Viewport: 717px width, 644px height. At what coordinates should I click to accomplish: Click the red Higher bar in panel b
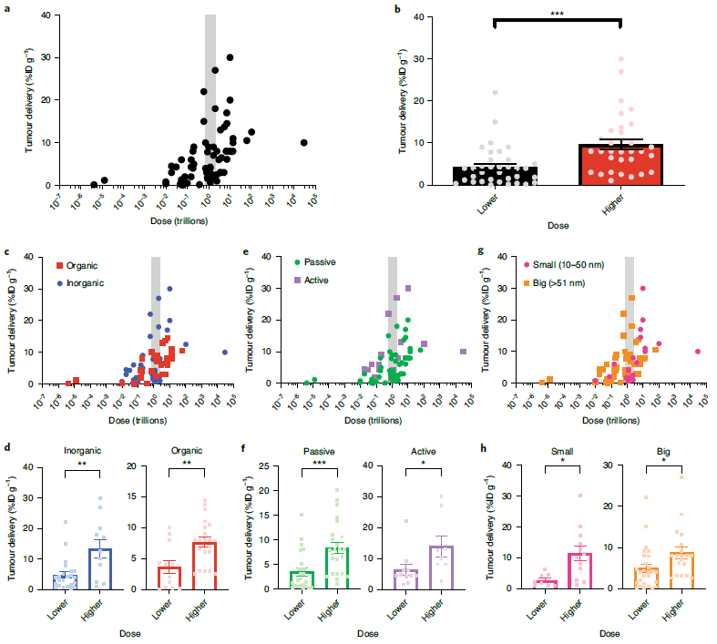coord(620,165)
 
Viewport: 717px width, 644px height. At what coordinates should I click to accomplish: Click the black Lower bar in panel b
coord(496,176)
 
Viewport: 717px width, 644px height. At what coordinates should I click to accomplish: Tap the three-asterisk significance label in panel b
coord(557,14)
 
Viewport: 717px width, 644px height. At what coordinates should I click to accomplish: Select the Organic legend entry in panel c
coord(77,266)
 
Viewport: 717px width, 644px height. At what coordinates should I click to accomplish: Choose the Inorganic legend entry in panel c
coord(80,283)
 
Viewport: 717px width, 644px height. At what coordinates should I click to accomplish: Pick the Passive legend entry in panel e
coord(314,262)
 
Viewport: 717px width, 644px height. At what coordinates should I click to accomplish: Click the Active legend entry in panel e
coord(312,281)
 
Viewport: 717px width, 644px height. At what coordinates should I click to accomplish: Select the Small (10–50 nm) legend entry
coord(564,265)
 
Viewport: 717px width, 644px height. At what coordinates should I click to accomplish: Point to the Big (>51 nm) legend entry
coord(554,283)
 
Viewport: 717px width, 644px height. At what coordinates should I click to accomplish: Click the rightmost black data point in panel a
coord(303,143)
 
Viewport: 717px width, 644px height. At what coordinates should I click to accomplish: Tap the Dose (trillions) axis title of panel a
coord(179,221)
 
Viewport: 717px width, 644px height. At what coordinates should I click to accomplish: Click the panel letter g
coord(481,250)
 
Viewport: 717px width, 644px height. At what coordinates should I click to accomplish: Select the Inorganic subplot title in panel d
coord(83,451)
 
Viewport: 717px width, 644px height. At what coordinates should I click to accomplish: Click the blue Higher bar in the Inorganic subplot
coord(100,569)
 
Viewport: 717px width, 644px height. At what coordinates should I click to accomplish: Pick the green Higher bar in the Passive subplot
coord(337,568)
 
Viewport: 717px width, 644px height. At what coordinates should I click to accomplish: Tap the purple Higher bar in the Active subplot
coord(441,567)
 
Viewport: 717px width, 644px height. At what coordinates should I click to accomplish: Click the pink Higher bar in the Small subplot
coord(579,571)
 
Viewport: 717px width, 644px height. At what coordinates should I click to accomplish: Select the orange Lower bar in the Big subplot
coord(646,578)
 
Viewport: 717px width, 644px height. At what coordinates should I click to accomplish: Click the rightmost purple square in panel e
coord(463,352)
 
